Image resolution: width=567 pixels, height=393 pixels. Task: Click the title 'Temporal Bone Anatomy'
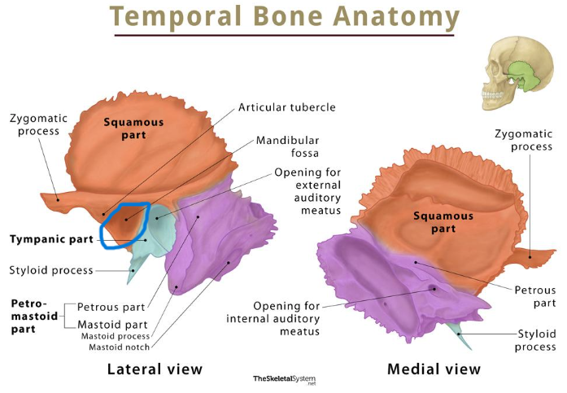(284, 17)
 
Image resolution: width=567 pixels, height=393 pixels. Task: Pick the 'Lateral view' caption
(155, 369)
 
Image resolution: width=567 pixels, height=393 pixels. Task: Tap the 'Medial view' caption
(434, 369)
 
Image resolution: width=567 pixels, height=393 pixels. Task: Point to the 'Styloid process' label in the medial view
(537, 341)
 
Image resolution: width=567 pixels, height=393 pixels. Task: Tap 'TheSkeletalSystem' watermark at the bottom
(283, 379)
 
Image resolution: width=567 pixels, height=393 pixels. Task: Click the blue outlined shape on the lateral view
(124, 225)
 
